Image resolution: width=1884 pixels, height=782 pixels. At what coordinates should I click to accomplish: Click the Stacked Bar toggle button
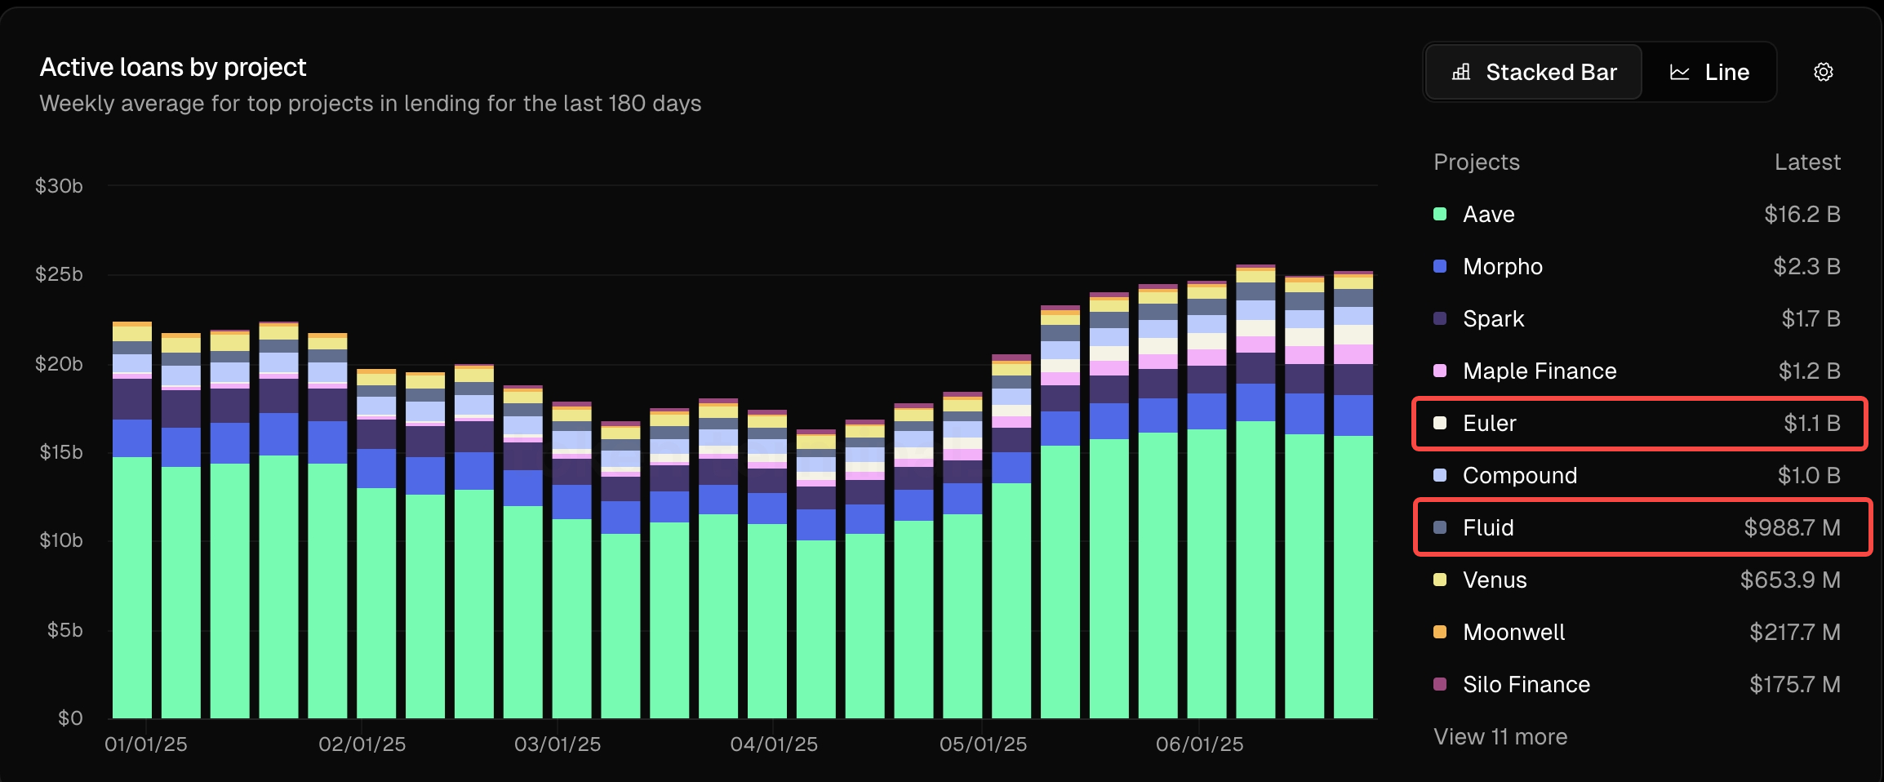coord(1534,73)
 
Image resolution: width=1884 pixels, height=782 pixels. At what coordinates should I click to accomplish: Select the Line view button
coord(1709,73)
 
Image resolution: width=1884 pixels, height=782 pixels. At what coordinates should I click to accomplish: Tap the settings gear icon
coord(1823,73)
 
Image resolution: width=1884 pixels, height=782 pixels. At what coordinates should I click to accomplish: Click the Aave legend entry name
coord(1488,215)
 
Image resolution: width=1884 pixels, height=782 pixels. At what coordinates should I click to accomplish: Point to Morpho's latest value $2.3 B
coord(1806,267)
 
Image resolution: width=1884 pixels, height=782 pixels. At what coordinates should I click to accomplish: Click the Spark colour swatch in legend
coord(1440,318)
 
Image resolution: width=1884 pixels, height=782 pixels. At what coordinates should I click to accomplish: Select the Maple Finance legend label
coord(1539,371)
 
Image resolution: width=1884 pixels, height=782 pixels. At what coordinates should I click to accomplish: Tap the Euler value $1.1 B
coord(1811,424)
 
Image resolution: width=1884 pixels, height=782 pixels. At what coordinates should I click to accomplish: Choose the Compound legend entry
coord(1519,476)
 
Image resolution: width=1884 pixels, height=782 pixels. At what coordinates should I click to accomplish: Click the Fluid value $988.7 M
coord(1792,528)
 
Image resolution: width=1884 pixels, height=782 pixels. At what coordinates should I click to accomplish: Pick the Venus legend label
coord(1494,580)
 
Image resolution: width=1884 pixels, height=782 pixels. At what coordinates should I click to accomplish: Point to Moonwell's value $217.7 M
coord(1794,633)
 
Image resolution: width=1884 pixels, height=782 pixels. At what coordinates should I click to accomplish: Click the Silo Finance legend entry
coord(1526,685)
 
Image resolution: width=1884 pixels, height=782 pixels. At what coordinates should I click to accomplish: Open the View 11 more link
coord(1500,737)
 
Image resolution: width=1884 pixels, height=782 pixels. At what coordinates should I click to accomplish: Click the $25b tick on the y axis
coord(59,274)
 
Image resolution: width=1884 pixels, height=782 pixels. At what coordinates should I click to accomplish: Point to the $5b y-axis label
coord(64,630)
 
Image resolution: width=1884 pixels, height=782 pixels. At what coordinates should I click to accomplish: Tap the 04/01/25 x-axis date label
coord(773,744)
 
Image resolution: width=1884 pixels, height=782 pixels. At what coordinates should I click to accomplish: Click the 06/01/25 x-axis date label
coord(1198,744)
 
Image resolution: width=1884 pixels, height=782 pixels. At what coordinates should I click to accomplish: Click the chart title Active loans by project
coord(173,68)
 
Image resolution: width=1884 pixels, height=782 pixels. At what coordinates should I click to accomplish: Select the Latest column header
coord(1806,162)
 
